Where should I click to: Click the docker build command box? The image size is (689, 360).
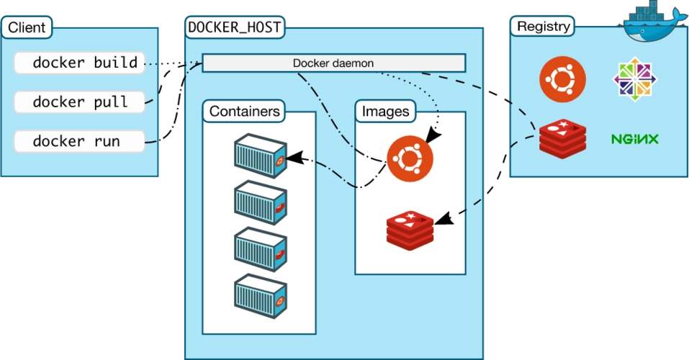(79, 63)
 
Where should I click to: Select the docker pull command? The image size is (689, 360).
(79, 102)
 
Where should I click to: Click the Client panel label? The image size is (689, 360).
(27, 28)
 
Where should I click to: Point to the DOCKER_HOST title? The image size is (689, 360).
(234, 27)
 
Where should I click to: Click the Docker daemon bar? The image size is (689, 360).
(333, 63)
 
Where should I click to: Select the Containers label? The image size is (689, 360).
(244, 112)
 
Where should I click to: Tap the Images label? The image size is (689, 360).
(385, 112)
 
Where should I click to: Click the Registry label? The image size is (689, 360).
(544, 27)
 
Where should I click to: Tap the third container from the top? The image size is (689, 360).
(260, 248)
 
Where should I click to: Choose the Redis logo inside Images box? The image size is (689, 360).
(410, 229)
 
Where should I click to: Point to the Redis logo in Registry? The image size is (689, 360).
(562, 138)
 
